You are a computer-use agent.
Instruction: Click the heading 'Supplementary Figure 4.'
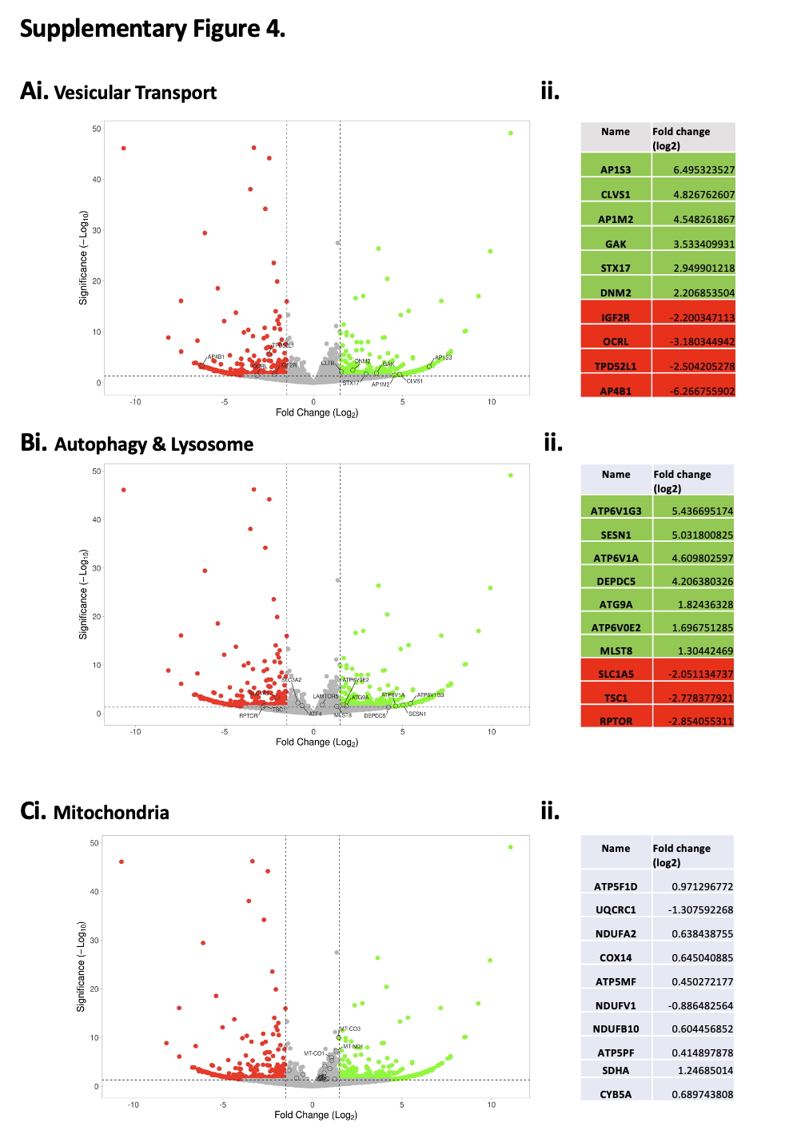coord(152,29)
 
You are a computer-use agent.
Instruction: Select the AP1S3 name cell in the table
coord(616,169)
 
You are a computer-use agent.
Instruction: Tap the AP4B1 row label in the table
coord(616,391)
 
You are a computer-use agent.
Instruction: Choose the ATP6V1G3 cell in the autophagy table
coord(616,511)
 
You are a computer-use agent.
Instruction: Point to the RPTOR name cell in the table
coord(616,721)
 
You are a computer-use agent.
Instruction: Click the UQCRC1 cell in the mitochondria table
coord(616,909)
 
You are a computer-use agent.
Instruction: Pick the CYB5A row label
coord(616,1094)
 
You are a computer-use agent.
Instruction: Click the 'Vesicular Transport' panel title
coord(135,93)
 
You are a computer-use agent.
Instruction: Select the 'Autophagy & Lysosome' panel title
coord(153,444)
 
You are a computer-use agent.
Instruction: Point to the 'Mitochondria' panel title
coord(111,813)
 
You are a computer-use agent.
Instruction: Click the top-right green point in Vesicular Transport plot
coord(511,133)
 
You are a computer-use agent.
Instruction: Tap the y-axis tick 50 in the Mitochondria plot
coord(94,843)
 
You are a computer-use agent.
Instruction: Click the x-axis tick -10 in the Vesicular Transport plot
coord(136,402)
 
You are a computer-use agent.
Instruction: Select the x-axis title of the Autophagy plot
coord(317,742)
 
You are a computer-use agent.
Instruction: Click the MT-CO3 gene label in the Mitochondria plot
coord(351,1029)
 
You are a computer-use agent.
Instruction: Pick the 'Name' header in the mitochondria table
coord(616,848)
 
